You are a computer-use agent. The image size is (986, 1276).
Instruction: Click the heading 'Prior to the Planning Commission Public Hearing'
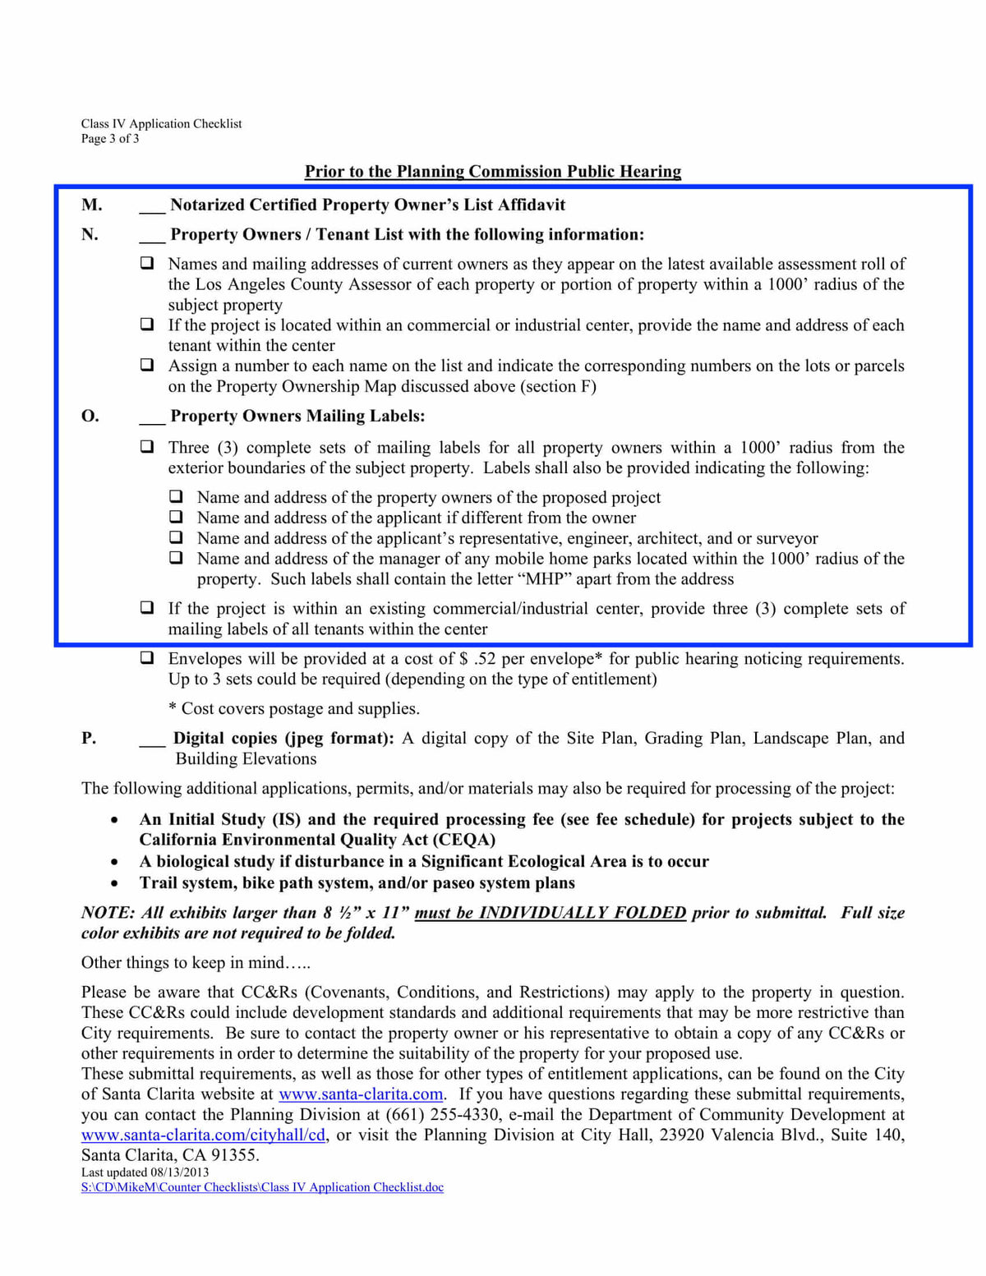(493, 171)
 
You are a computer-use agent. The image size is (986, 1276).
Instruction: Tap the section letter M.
(91, 205)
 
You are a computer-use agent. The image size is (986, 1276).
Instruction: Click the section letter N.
(90, 234)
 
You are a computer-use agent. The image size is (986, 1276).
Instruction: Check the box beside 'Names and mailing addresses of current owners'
(147, 264)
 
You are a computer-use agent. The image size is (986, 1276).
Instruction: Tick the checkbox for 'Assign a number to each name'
(147, 365)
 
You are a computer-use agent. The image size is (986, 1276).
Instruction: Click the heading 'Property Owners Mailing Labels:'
(297, 416)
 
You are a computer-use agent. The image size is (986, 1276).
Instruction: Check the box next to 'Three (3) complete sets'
(147, 447)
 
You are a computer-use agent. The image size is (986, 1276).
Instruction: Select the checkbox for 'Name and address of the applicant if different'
(176, 517)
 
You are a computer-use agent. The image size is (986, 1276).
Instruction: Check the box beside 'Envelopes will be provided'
(147, 658)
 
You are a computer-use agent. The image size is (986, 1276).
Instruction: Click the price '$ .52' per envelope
(478, 659)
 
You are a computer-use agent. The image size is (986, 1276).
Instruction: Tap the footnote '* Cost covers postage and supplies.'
(294, 708)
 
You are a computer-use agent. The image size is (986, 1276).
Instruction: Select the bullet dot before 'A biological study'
(114, 862)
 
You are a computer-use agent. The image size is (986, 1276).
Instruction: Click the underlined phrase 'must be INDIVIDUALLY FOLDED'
(550, 913)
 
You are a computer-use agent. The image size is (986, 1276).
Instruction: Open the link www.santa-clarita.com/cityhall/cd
(204, 1136)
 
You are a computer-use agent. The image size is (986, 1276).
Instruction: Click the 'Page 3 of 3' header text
(110, 139)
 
